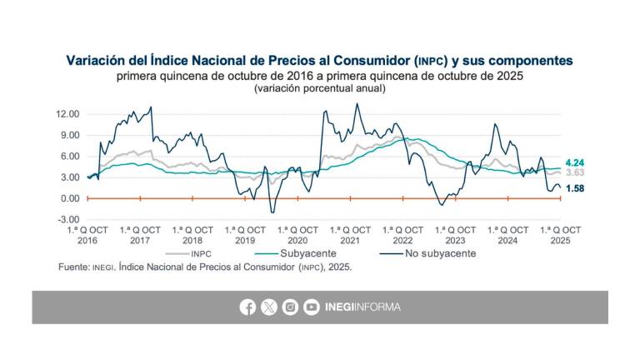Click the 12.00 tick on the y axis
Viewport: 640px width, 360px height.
[68, 114]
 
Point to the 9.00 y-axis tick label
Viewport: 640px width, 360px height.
[70, 135]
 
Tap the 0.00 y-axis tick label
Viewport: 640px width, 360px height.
[70, 199]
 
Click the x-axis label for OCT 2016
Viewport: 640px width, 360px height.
[87, 234]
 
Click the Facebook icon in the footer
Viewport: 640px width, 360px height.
[247, 307]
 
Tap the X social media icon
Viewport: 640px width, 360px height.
[268, 307]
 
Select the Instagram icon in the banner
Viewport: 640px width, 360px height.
[290, 307]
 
